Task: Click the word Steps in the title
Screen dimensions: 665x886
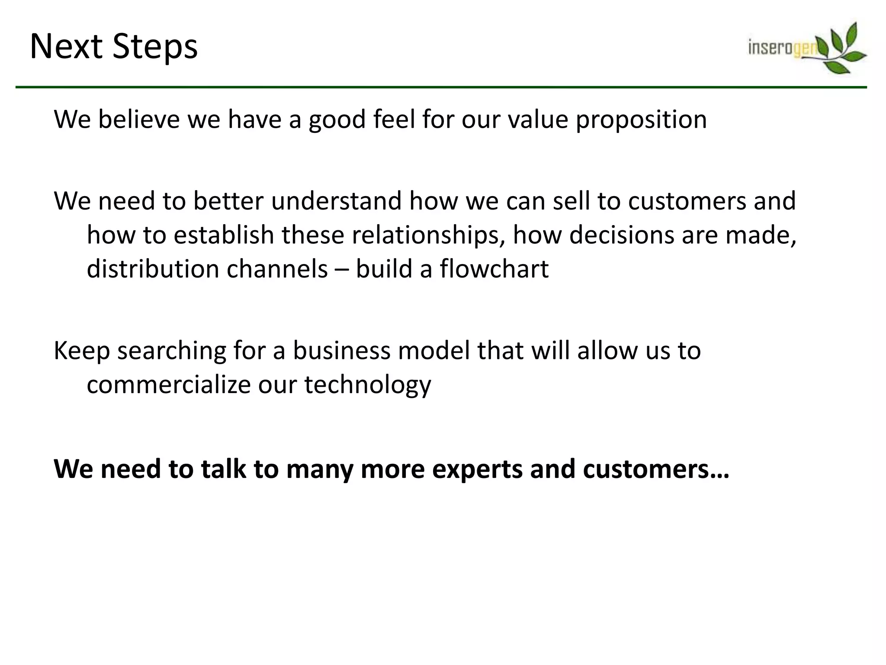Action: coord(155,47)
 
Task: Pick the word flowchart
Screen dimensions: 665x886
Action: coord(494,269)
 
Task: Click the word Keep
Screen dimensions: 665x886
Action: coord(82,351)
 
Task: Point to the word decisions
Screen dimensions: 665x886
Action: coord(621,236)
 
